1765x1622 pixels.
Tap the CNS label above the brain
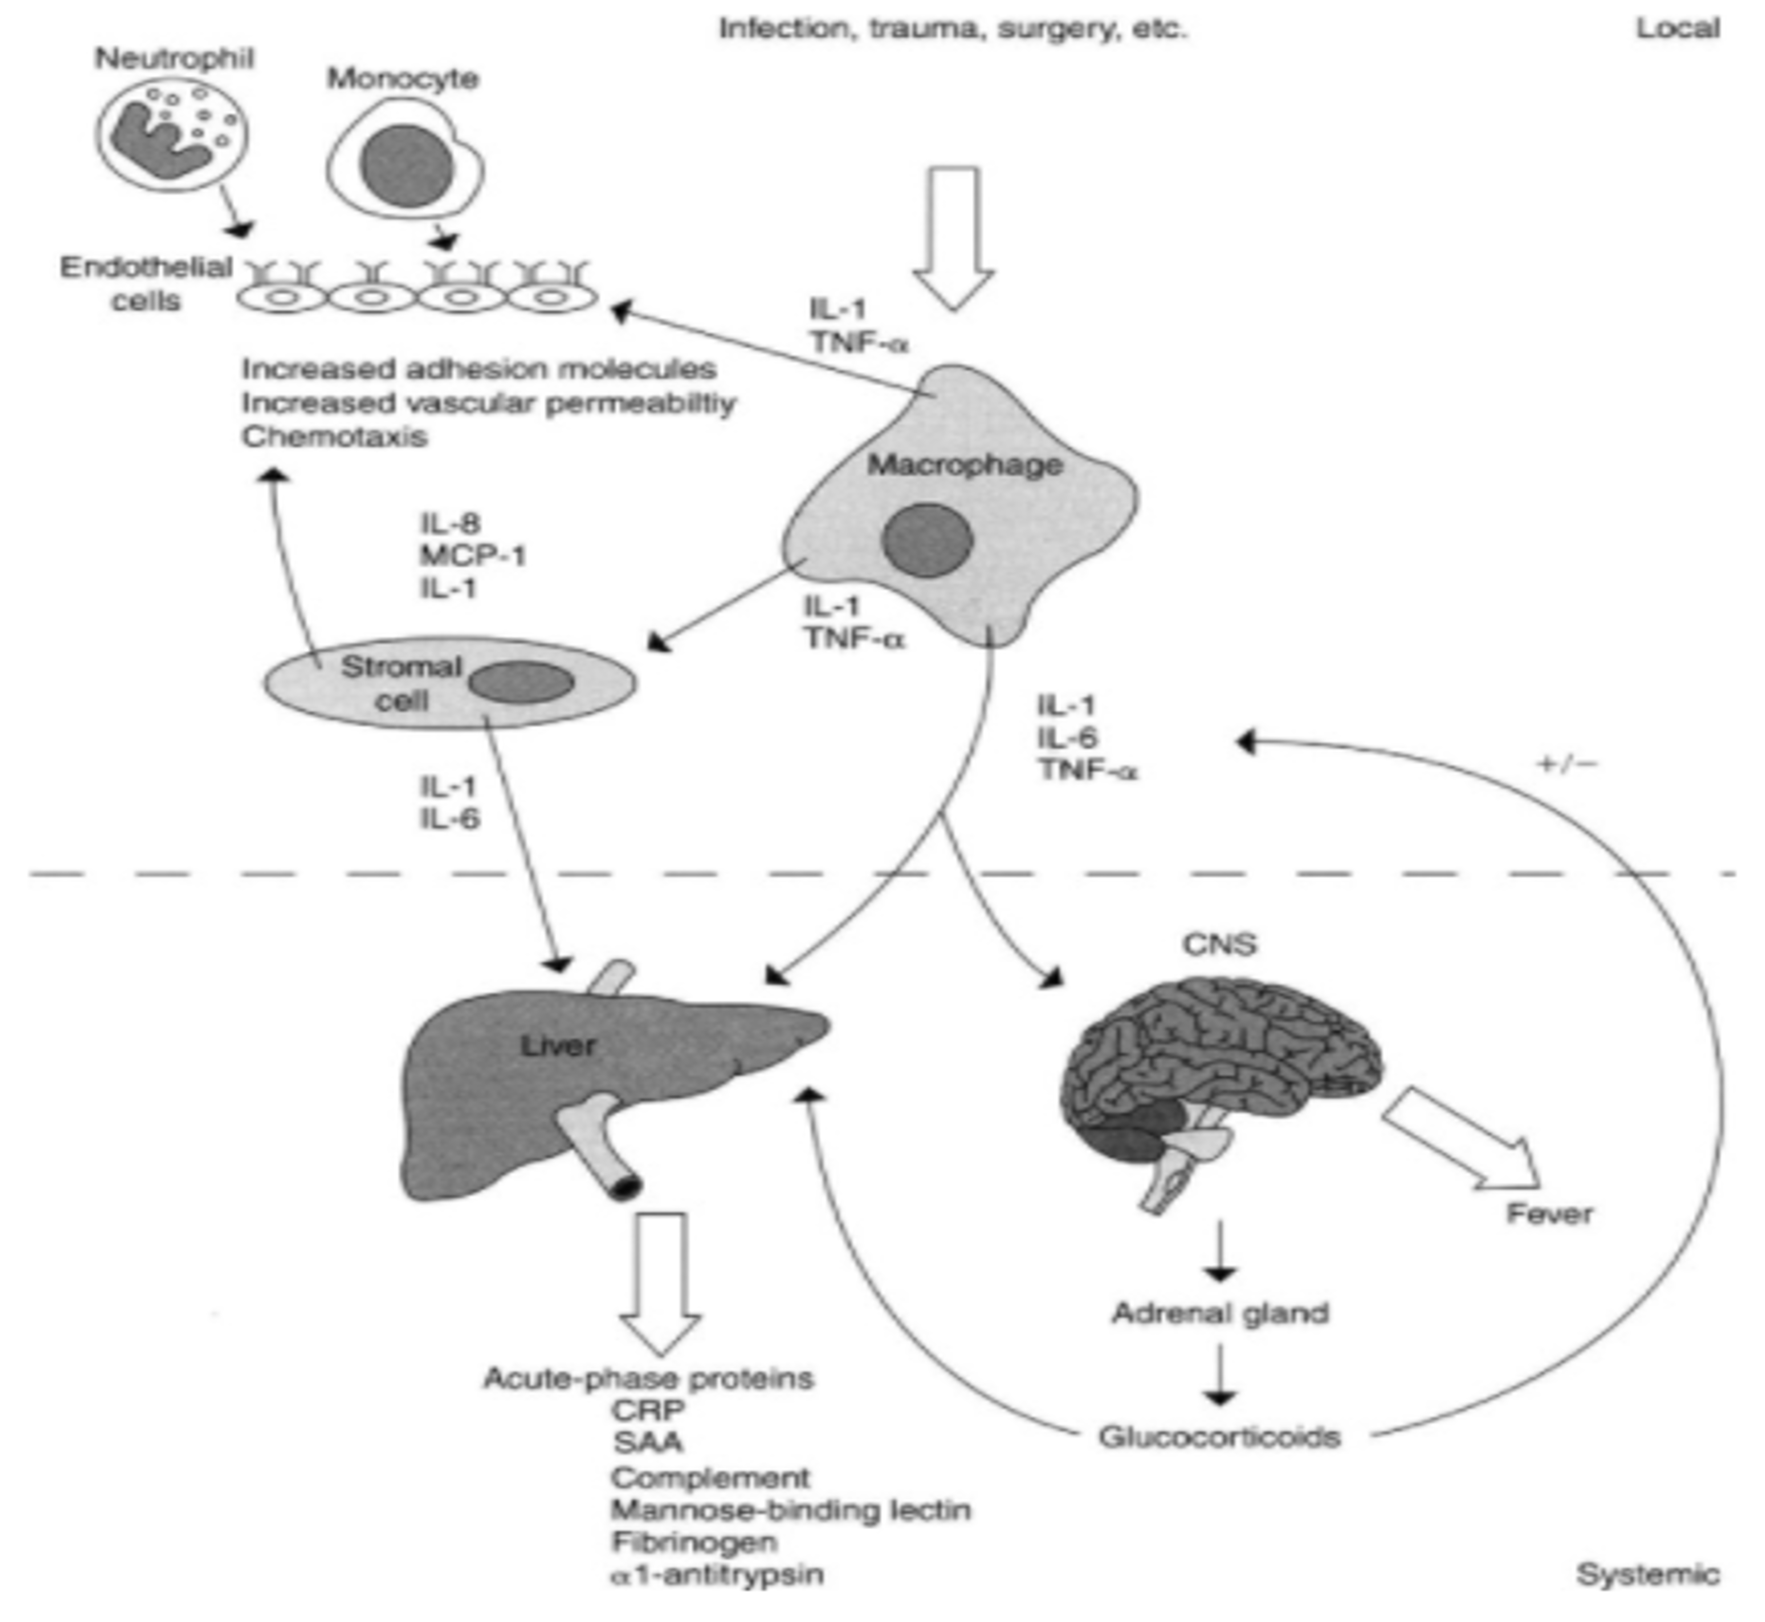(x=1219, y=944)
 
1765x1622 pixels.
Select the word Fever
(x=1549, y=1214)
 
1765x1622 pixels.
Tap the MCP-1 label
(x=473, y=555)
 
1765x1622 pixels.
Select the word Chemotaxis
(x=335, y=436)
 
